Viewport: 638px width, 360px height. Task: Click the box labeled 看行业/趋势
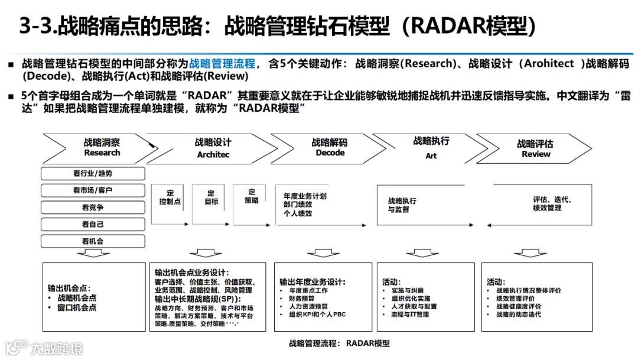pos(93,173)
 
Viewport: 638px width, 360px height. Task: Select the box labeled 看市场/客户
pos(93,190)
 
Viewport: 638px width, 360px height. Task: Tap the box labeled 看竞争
pos(93,207)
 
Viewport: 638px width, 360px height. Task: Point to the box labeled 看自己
pos(93,225)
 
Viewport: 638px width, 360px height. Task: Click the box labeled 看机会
pos(93,241)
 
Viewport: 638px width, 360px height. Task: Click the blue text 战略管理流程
pos(222,63)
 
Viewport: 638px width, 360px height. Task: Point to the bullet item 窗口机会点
pos(77,307)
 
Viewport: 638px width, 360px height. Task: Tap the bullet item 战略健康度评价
pos(518,306)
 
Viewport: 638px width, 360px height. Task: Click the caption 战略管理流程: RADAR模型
pos(339,343)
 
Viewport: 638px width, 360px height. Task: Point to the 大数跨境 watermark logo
pos(44,348)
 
